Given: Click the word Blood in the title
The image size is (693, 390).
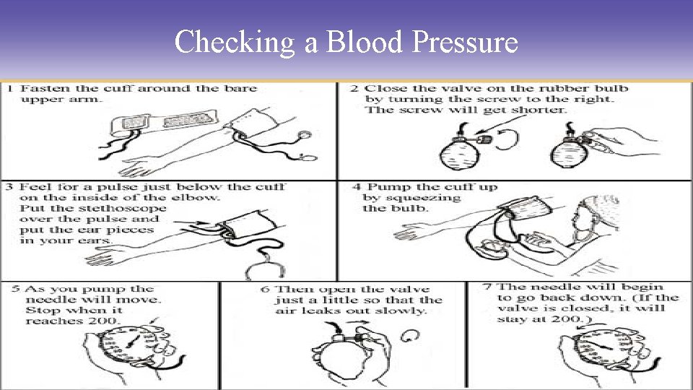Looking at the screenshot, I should pos(365,42).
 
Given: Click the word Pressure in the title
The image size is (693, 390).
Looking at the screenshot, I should pos(465,43).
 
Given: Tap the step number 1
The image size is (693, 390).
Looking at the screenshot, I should pos(9,89).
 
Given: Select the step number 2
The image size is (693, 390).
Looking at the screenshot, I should pos(354,89).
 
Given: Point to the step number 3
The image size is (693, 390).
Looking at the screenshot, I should pos(9,187).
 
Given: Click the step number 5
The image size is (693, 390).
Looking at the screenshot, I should pos(15,289).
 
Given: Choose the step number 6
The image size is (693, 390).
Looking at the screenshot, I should pos(266,289).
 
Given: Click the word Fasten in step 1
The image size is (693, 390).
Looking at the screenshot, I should pos(43,89).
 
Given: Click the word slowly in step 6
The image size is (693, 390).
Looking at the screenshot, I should pos(404,311).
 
